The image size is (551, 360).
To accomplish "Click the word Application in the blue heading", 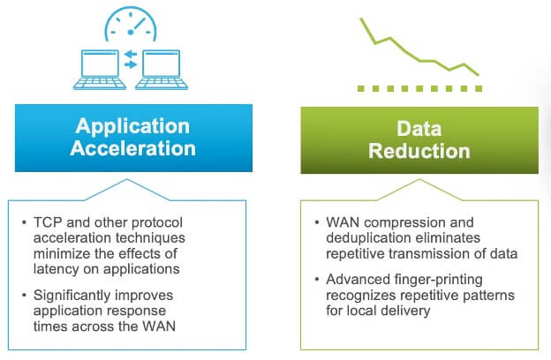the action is [x=132, y=127].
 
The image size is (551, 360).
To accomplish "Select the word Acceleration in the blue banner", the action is [x=132, y=148].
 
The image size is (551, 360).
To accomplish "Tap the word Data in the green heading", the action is [x=419, y=129].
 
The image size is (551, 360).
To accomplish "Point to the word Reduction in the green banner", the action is [x=419, y=151].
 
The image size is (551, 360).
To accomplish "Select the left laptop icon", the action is [x=100, y=70].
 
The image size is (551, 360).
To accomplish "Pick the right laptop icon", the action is [x=162, y=70].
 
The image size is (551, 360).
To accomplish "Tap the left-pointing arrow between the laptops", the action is [x=131, y=54].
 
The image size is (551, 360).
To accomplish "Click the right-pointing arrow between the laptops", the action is [x=131, y=64].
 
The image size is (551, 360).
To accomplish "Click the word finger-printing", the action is [x=439, y=280].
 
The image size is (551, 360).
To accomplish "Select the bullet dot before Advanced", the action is [x=317, y=280].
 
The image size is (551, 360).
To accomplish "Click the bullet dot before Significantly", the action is [x=24, y=296].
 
